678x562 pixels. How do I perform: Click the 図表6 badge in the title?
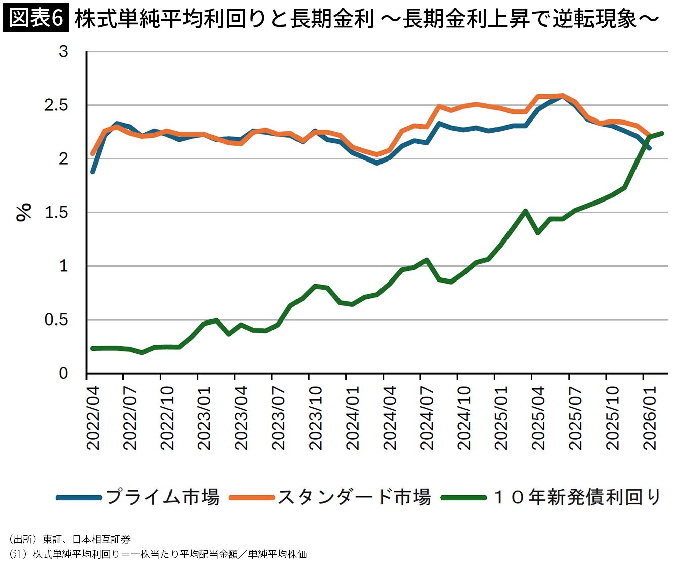point(36,18)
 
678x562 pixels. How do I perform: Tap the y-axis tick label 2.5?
point(56,105)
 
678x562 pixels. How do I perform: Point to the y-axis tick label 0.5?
point(56,320)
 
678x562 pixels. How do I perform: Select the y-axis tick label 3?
point(63,51)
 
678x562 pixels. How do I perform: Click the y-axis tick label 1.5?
point(56,213)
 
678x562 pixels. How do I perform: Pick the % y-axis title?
point(24,212)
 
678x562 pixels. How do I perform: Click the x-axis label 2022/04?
point(93,418)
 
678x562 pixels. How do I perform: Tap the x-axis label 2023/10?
point(316,418)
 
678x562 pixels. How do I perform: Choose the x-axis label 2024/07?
point(427,418)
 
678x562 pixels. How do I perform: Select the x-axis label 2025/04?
point(538,418)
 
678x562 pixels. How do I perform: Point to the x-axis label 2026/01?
point(650,418)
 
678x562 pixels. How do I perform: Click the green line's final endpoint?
point(662,133)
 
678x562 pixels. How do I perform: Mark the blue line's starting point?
point(93,172)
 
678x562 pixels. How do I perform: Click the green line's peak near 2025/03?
point(526,211)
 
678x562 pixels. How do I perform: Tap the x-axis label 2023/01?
point(204,418)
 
